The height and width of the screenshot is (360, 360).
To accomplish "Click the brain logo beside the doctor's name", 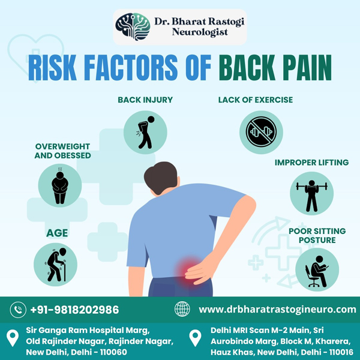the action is click(133, 26).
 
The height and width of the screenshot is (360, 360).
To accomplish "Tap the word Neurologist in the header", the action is click(200, 32).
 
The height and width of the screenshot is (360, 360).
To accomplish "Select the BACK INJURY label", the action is click(145, 100).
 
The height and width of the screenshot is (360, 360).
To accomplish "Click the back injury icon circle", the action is click(145, 133).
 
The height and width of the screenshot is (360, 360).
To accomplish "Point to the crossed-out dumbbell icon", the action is click(261, 132).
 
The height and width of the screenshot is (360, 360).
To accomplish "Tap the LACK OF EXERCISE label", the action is click(256, 100).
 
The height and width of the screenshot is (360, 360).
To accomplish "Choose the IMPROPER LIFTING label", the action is click(311, 163).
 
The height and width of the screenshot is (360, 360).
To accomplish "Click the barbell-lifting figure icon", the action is click(311, 193).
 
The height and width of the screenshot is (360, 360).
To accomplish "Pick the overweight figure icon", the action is click(60, 185).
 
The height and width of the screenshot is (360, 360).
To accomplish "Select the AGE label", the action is click(57, 233).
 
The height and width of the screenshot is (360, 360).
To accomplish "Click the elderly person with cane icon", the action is click(56, 265).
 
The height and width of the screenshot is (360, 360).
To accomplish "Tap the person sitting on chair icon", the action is click(317, 269).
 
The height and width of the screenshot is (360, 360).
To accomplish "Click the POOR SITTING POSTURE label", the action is click(317, 236).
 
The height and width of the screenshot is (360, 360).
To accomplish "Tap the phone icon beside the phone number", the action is click(18, 310).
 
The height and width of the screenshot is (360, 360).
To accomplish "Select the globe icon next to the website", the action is click(182, 309).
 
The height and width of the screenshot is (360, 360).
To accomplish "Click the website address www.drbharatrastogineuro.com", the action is click(277, 310).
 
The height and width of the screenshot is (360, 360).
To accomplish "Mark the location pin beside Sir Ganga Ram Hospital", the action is click(13, 338).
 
